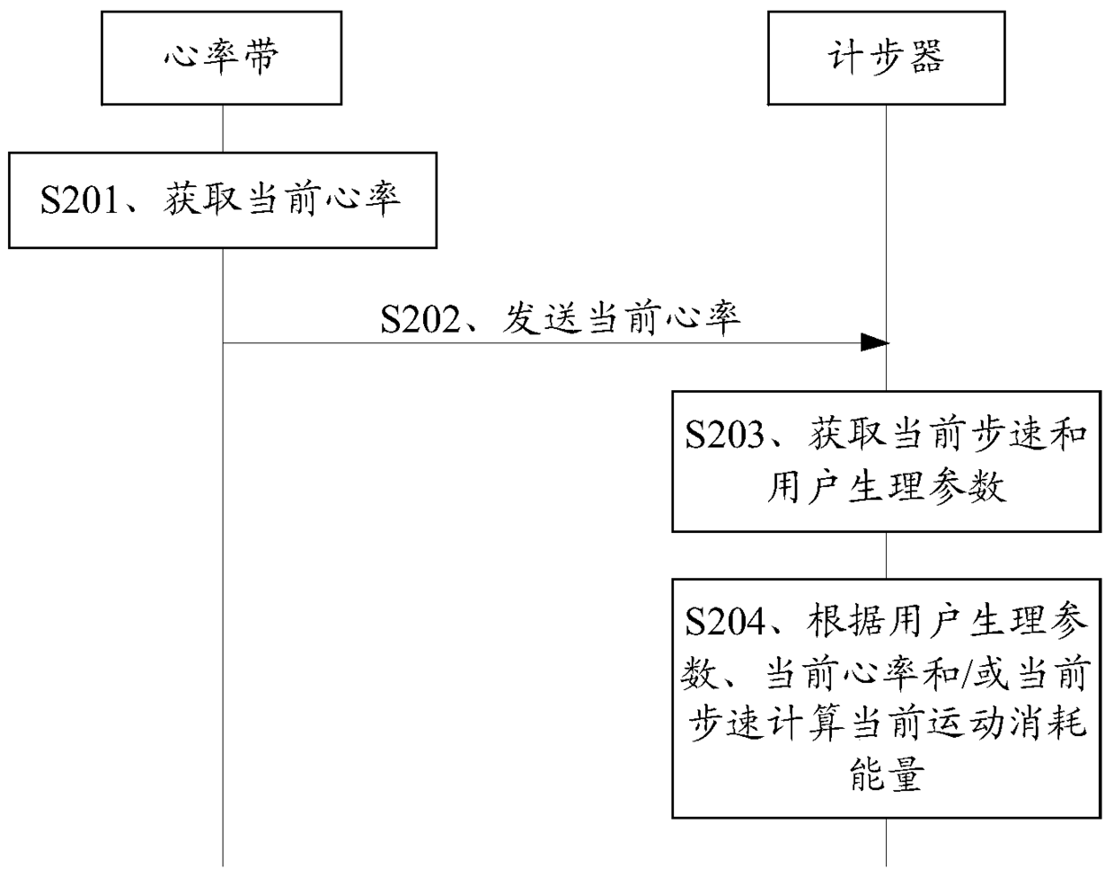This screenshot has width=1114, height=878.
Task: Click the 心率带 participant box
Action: [x=221, y=58]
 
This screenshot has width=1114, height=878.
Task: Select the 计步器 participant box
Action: [x=885, y=58]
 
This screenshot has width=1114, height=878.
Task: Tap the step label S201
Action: [x=80, y=199]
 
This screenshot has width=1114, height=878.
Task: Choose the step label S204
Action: [x=724, y=621]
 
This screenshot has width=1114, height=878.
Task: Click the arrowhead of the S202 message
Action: [x=874, y=342]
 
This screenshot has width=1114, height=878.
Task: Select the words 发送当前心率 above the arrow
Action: [x=621, y=319]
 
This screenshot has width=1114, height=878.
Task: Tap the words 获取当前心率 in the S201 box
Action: [x=281, y=199]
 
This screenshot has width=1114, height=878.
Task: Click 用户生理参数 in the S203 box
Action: [x=886, y=487]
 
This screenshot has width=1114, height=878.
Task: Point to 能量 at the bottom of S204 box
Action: [x=886, y=774]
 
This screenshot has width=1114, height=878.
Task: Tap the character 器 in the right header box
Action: [x=924, y=58]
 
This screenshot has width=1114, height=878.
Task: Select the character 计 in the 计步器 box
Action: [x=845, y=58]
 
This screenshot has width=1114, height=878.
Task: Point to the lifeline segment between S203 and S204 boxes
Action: [x=887, y=554]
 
